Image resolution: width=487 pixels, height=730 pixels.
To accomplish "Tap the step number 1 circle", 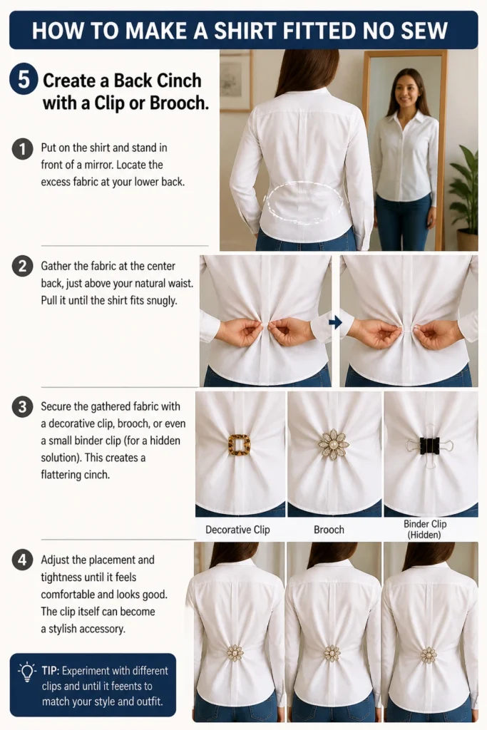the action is (x=22, y=149).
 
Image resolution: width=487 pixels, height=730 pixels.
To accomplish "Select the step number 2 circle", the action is (x=22, y=267).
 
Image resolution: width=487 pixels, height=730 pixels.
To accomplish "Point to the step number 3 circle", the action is (x=22, y=407).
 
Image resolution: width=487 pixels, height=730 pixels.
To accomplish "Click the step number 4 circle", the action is (x=22, y=560).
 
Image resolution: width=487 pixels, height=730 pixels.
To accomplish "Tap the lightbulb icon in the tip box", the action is (x=27, y=672).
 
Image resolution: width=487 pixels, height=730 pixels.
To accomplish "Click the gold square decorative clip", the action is (x=240, y=445).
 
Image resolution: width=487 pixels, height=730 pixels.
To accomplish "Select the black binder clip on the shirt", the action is (x=429, y=446).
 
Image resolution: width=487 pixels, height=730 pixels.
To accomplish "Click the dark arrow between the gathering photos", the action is (x=335, y=322).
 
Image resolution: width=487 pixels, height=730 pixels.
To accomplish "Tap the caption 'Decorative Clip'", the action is (x=237, y=530).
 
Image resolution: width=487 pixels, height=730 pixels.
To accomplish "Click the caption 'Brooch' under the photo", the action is (x=329, y=530).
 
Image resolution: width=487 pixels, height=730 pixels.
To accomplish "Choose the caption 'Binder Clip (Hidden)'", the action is (x=425, y=530).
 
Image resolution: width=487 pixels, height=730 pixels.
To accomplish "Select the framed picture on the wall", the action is (x=235, y=81).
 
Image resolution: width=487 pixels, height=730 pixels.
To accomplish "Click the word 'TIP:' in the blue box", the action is (x=51, y=671).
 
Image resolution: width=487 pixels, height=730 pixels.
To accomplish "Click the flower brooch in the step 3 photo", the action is (x=334, y=445).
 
